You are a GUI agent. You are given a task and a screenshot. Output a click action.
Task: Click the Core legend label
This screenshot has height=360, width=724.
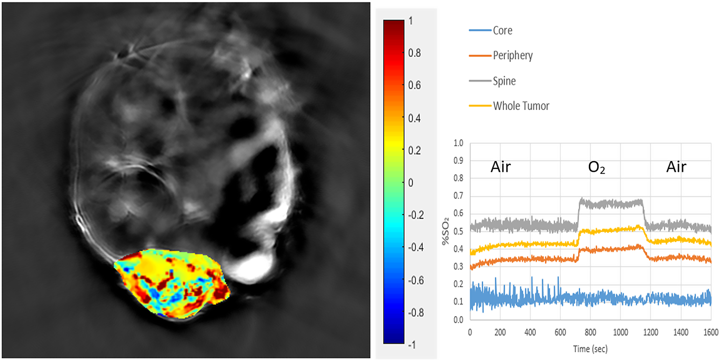(x=502, y=31)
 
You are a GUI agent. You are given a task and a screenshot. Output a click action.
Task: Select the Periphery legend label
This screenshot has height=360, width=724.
(x=513, y=55)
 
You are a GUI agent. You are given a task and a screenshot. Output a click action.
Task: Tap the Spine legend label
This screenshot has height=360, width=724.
(x=504, y=81)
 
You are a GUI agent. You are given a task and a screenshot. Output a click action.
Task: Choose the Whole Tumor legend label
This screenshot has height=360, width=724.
(x=521, y=106)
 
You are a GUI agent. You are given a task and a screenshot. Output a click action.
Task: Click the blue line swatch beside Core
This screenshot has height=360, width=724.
(x=479, y=31)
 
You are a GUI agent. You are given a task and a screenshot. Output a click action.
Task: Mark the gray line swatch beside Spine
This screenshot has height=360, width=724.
(x=479, y=81)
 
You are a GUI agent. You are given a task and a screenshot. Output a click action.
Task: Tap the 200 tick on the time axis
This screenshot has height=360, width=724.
(x=500, y=332)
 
